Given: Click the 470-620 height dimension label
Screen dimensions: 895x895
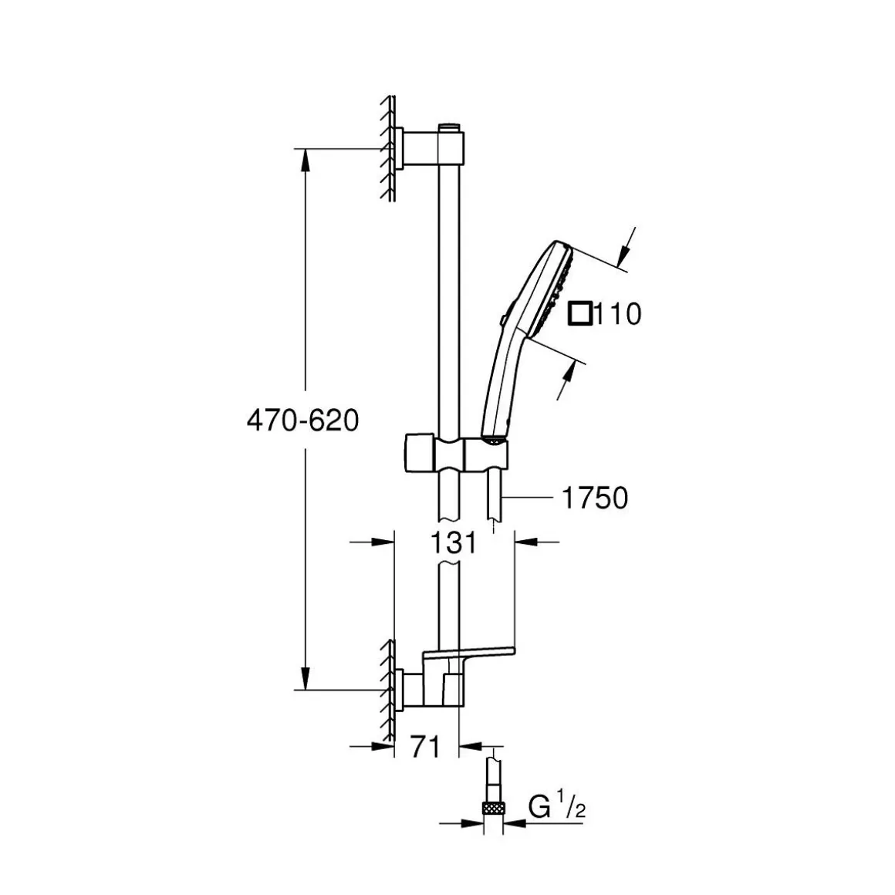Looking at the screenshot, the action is tap(302, 421).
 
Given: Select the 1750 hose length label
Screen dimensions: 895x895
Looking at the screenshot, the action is tap(595, 498).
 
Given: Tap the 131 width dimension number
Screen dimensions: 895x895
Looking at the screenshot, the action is tap(453, 543).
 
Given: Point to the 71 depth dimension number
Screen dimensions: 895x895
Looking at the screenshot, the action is tap(425, 747).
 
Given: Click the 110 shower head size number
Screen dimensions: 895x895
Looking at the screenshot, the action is tap(618, 314).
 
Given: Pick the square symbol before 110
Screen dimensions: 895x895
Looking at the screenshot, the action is tap(579, 314).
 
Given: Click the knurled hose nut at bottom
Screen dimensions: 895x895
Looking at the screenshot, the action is tap(493, 808).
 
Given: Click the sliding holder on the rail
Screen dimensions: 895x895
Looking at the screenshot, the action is tap(456, 454).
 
